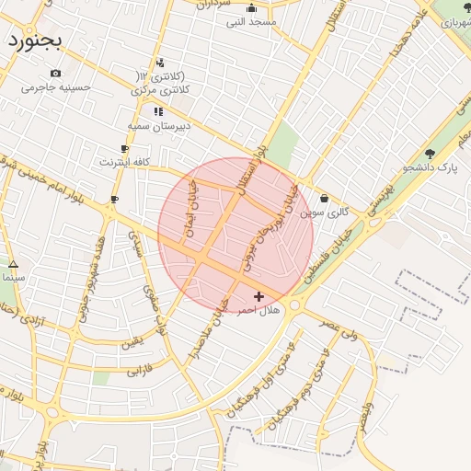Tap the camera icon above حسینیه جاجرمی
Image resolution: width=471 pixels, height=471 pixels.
[x=56, y=73]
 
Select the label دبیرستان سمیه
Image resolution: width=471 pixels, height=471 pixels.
[x=159, y=125]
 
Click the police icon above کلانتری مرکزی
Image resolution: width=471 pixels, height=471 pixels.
[x=161, y=63]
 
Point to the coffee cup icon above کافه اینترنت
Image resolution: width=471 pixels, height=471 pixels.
[x=124, y=148]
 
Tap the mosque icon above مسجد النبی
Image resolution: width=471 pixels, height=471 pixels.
[x=251, y=8]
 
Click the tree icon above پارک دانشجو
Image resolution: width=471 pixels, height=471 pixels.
[x=430, y=154]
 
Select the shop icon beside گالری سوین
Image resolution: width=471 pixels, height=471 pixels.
[x=324, y=198]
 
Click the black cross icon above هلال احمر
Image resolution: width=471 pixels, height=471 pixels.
[x=258, y=296]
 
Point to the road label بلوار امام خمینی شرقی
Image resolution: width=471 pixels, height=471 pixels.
[x=55, y=175]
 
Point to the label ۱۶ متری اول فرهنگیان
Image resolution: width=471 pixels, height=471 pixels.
[x=277, y=377]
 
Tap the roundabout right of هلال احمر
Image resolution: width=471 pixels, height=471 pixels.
[x=295, y=304]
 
